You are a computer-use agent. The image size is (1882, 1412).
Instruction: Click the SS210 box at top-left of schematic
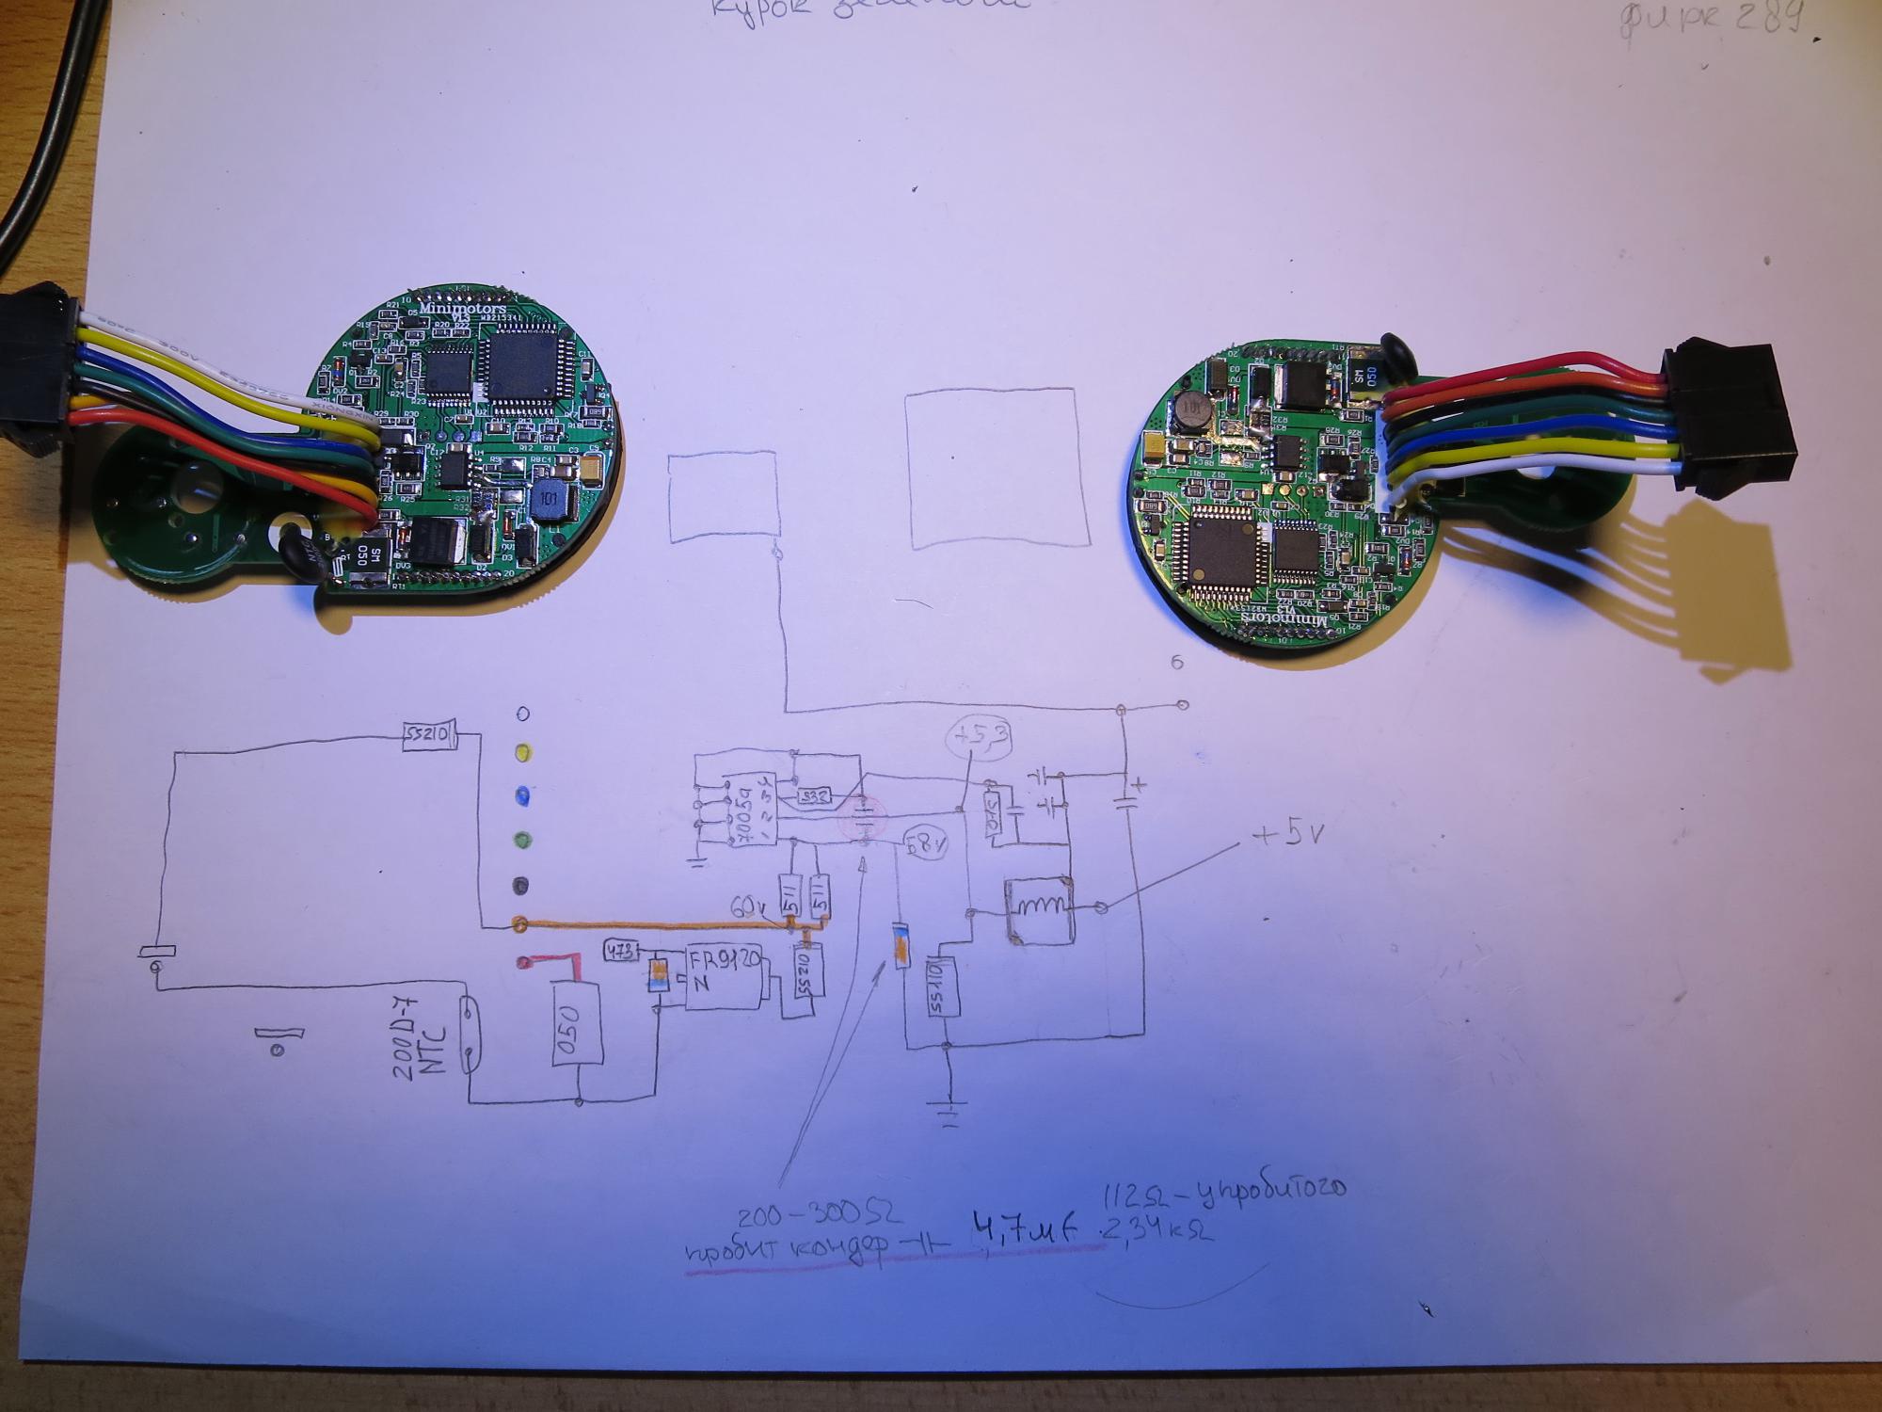coord(429,735)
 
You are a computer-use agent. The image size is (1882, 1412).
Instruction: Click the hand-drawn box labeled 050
coord(577,1025)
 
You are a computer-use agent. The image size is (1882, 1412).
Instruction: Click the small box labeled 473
coord(622,951)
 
